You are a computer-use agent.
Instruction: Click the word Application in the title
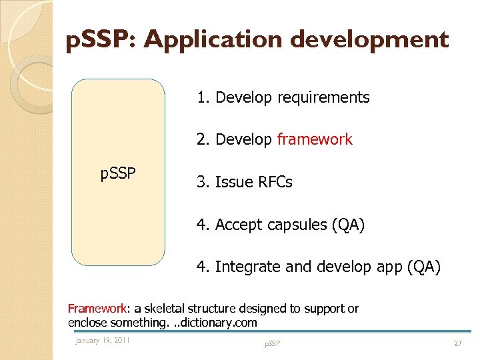(x=215, y=40)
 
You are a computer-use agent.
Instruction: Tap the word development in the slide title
(x=371, y=40)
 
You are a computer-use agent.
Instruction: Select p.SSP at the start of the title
(x=101, y=40)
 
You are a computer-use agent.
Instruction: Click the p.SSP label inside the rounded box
(x=118, y=174)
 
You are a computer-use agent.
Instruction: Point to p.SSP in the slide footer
(x=272, y=343)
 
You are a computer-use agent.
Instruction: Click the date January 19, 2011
(x=103, y=341)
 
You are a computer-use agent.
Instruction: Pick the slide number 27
(x=457, y=343)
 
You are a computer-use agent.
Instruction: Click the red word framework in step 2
(x=314, y=139)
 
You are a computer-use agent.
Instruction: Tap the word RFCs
(x=275, y=182)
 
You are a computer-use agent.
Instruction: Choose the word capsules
(x=295, y=225)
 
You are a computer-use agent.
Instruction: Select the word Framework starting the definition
(x=97, y=309)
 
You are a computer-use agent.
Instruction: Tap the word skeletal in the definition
(x=163, y=309)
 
